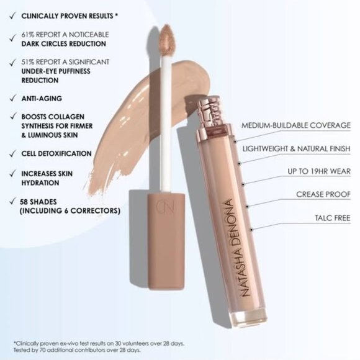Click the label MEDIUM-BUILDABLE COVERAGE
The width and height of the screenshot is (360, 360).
(296, 125)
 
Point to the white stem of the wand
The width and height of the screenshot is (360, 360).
(166, 124)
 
